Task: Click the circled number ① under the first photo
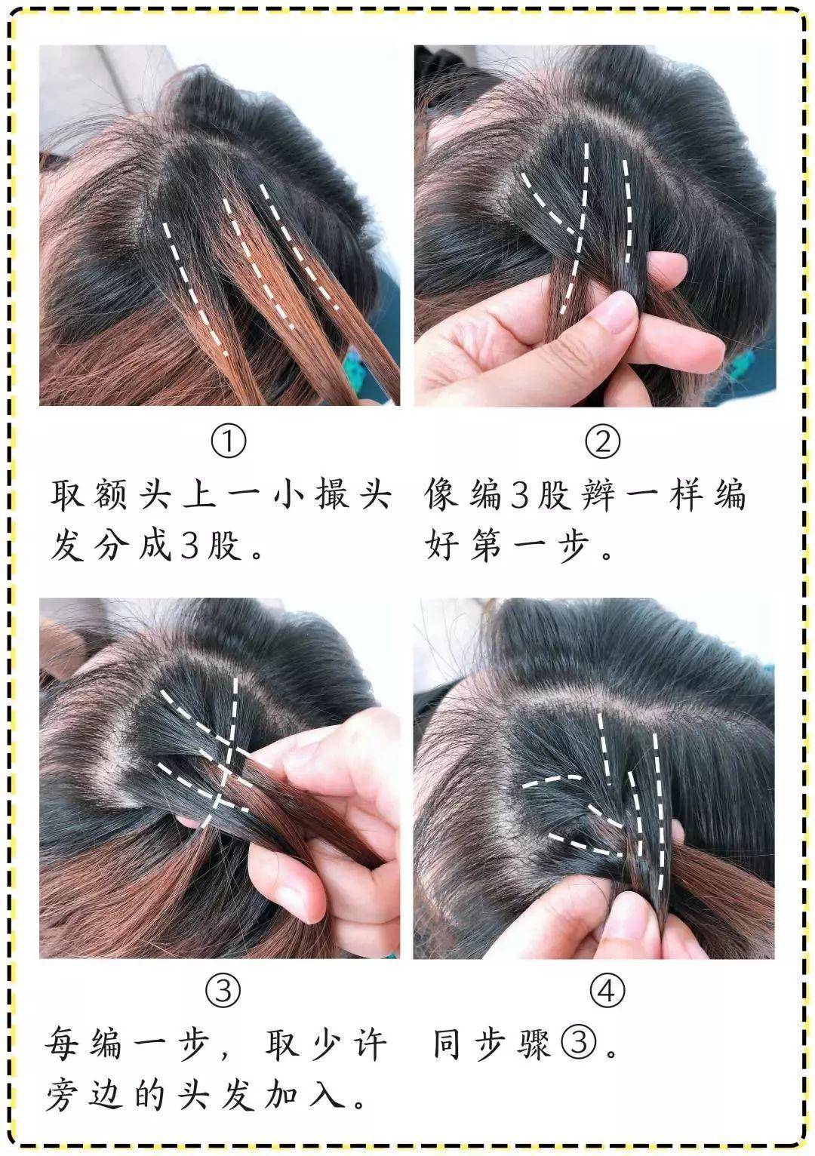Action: (x=229, y=441)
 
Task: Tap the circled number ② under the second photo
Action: (x=602, y=441)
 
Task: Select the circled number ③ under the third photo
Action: (x=223, y=990)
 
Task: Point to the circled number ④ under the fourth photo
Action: (x=607, y=990)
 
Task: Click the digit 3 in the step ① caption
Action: (x=190, y=546)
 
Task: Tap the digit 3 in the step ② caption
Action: (x=521, y=495)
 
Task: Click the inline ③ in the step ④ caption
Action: (x=579, y=1043)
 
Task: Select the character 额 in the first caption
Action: (x=109, y=494)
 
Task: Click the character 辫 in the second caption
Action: (x=597, y=494)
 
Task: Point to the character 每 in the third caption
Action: (x=62, y=1044)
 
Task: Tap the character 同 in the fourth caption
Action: (x=447, y=1044)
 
